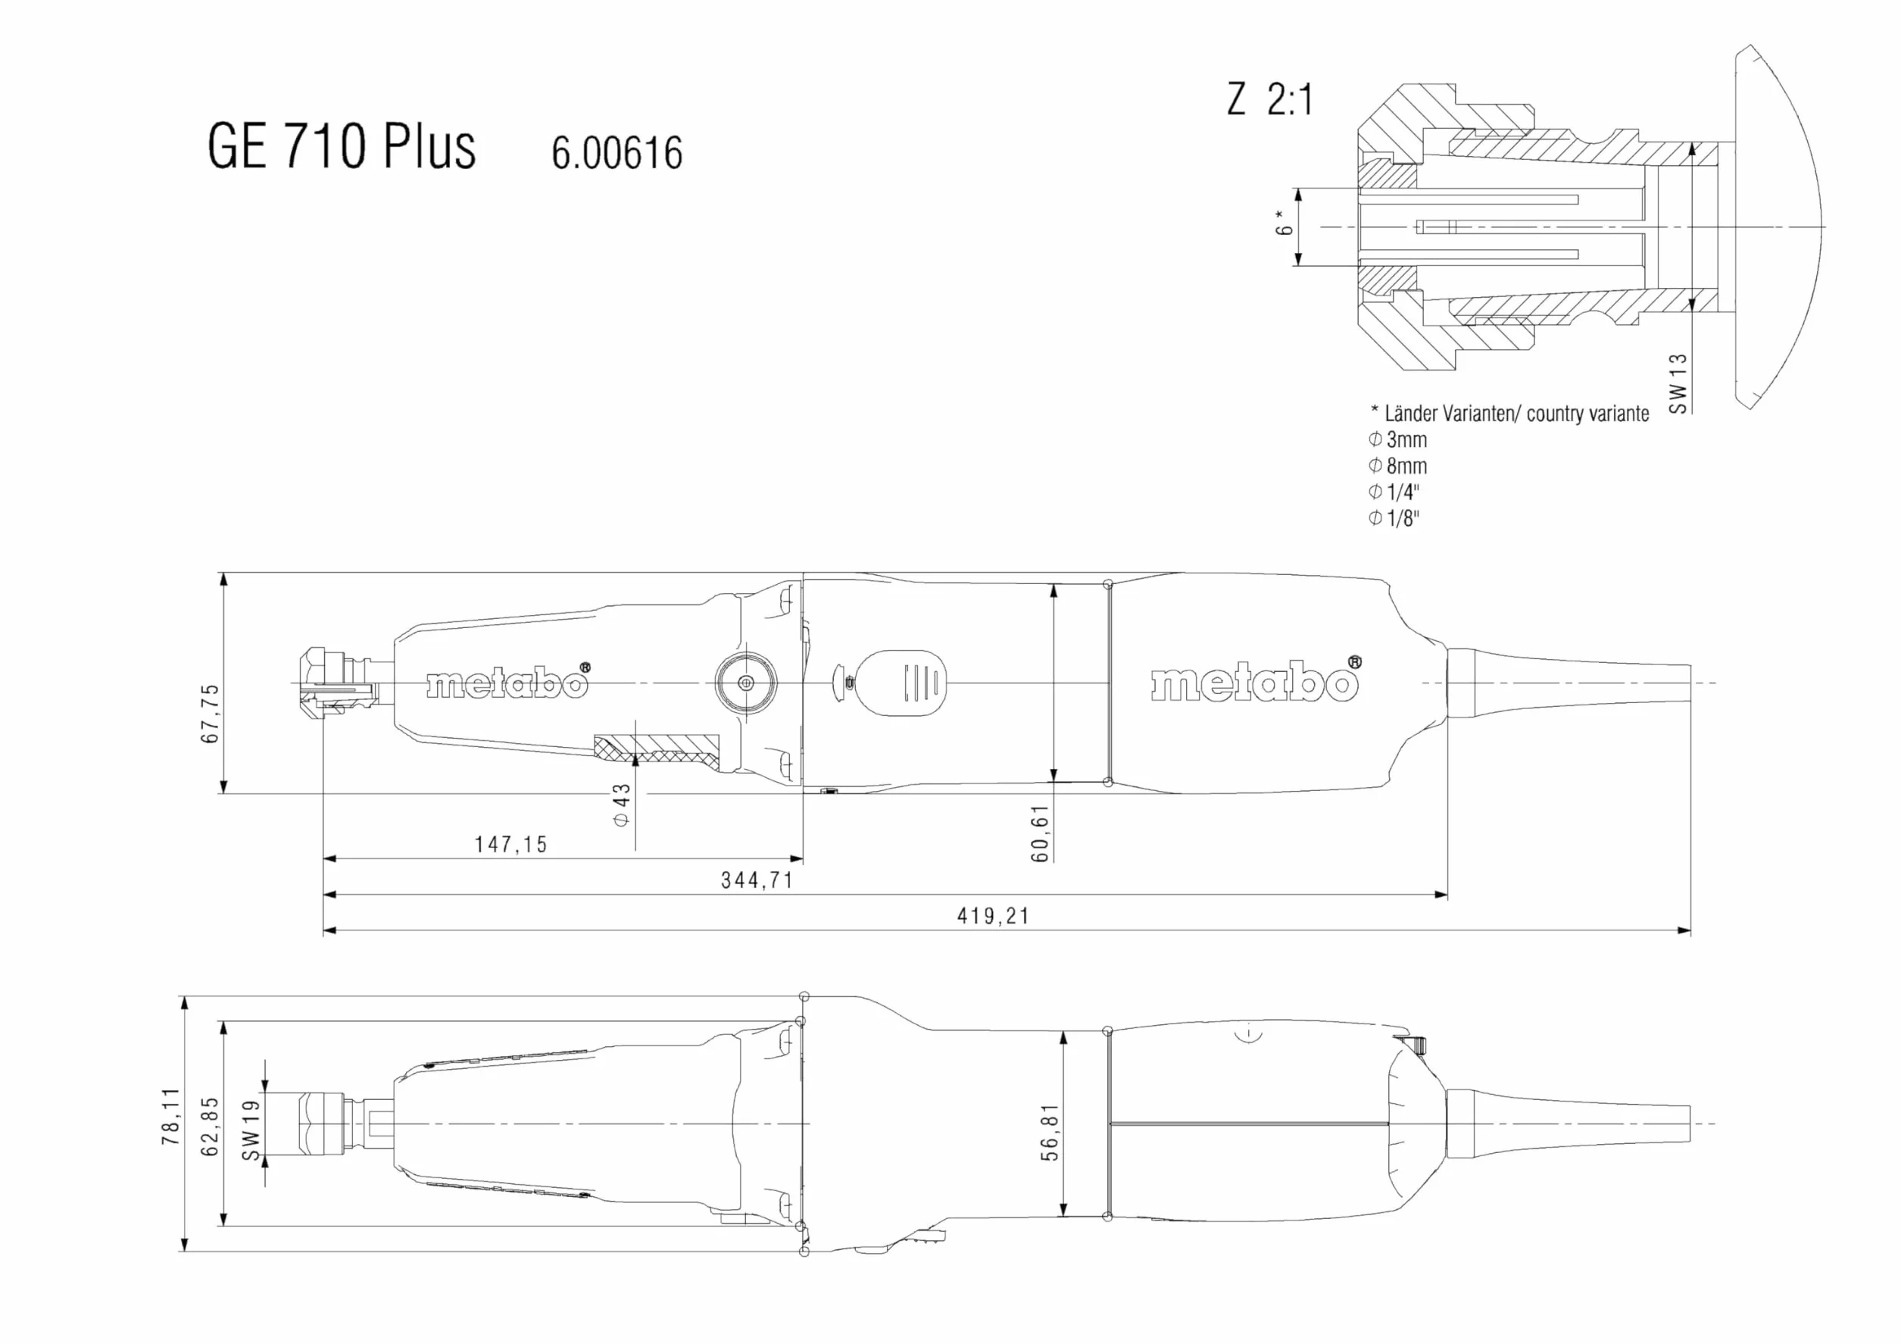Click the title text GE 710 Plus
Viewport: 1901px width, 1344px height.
click(x=341, y=145)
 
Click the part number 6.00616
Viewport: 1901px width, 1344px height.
click(x=616, y=153)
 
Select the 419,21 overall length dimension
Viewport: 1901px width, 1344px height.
click(x=993, y=916)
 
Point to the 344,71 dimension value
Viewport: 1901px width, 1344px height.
click(x=757, y=880)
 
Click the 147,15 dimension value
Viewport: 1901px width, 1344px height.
click(x=511, y=845)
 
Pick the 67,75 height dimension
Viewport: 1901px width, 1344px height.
click(x=211, y=713)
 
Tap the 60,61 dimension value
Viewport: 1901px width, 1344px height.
click(x=1041, y=833)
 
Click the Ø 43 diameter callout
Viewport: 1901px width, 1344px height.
click(x=621, y=804)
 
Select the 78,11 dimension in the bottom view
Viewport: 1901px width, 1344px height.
click(x=170, y=1116)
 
